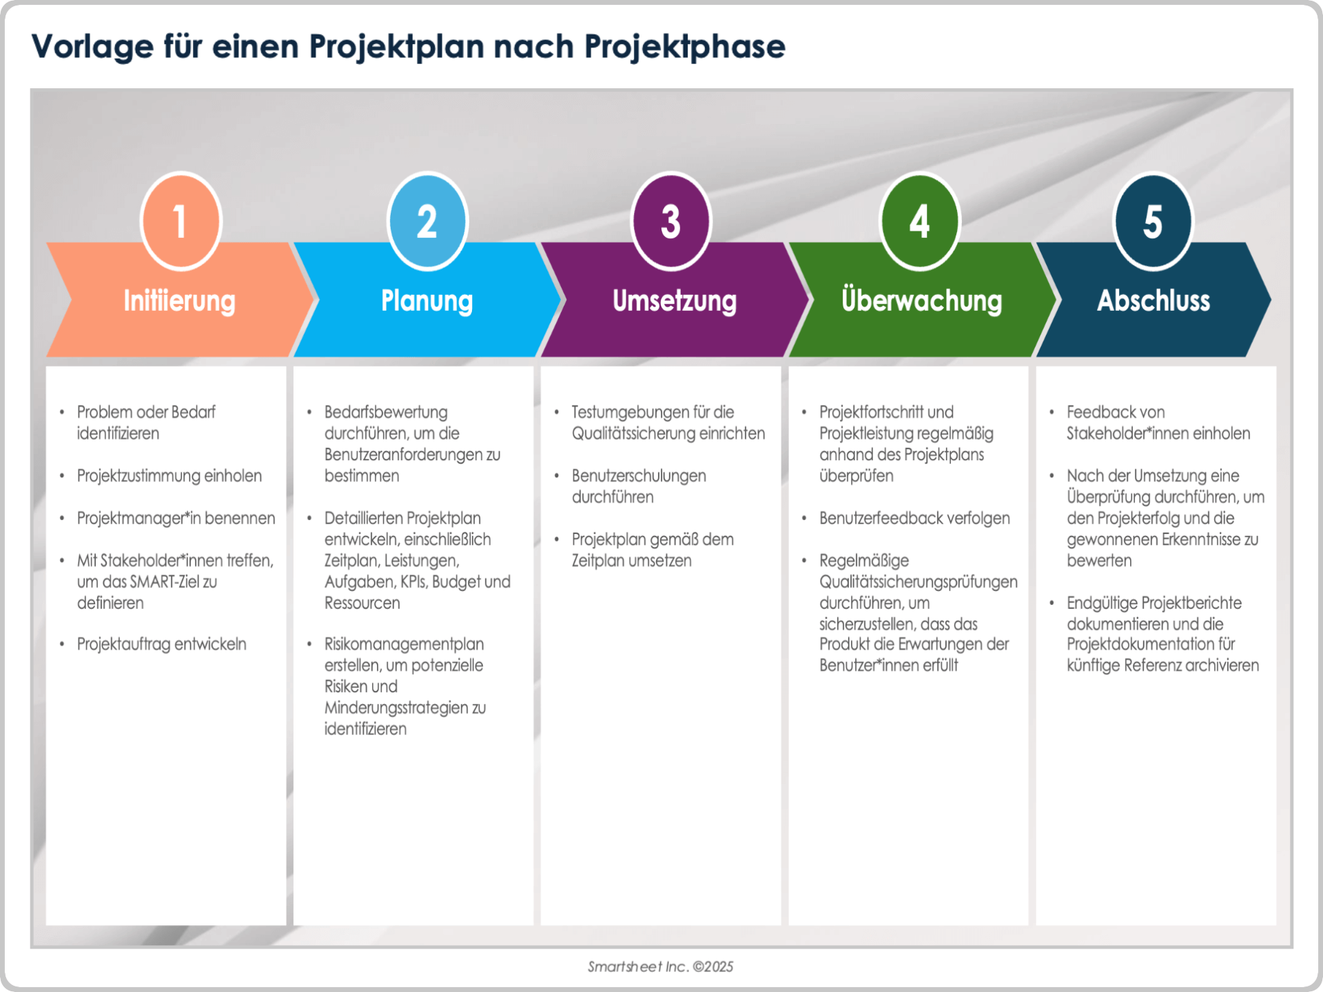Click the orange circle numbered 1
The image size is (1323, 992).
click(x=181, y=221)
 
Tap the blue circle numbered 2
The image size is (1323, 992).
click(x=427, y=221)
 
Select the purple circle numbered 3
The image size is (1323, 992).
click(x=671, y=221)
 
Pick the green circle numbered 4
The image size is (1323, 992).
click(x=920, y=221)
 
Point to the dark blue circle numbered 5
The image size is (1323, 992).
click(x=1153, y=221)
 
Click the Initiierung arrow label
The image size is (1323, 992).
click(x=179, y=301)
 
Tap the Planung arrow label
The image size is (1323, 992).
click(x=427, y=301)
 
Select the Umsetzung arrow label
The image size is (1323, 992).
click(x=675, y=301)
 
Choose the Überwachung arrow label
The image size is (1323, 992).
click(x=921, y=301)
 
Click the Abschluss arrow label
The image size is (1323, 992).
click(x=1153, y=301)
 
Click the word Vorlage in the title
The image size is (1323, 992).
click(x=92, y=48)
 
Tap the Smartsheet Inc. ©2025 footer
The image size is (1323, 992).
click(x=660, y=967)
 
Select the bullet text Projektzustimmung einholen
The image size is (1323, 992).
click(x=169, y=476)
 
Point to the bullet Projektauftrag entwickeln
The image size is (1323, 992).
click(x=161, y=644)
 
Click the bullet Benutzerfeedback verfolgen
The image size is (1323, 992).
click(x=914, y=518)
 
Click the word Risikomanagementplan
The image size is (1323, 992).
click(x=404, y=644)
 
